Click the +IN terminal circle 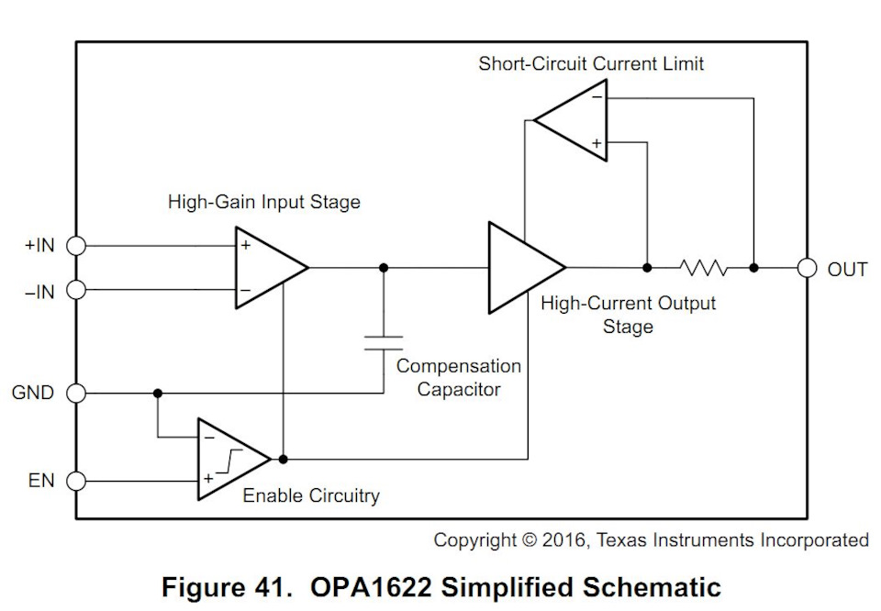tap(76, 246)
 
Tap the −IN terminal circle tap(76, 290)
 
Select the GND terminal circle tap(76, 393)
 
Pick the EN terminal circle tap(76, 480)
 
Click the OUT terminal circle tap(807, 268)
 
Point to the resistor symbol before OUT tap(704, 268)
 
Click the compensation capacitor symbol tap(383, 343)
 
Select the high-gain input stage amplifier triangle tap(265, 268)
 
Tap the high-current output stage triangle tap(521, 268)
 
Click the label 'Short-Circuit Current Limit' tap(591, 63)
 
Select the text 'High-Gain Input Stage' tap(264, 202)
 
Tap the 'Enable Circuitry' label tap(311, 496)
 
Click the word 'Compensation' tap(458, 366)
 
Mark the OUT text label tap(847, 269)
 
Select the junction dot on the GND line tap(158, 393)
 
